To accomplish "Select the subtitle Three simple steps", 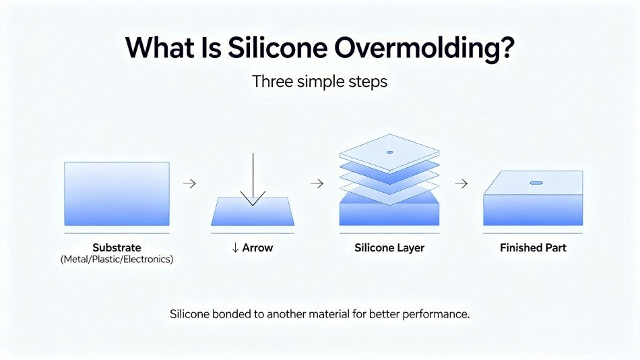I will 319,82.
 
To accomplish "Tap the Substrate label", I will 116,247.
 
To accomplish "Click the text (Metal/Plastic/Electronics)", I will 116,259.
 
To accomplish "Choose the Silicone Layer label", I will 389,247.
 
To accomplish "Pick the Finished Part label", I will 533,247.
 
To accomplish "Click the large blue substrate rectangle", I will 116,193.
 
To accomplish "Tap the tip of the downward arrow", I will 253,204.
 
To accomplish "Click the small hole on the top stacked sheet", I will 389,152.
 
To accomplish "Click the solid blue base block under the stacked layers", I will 389,212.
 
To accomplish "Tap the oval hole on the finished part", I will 536,183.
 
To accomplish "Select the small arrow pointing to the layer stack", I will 316,183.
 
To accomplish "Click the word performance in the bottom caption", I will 438,314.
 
